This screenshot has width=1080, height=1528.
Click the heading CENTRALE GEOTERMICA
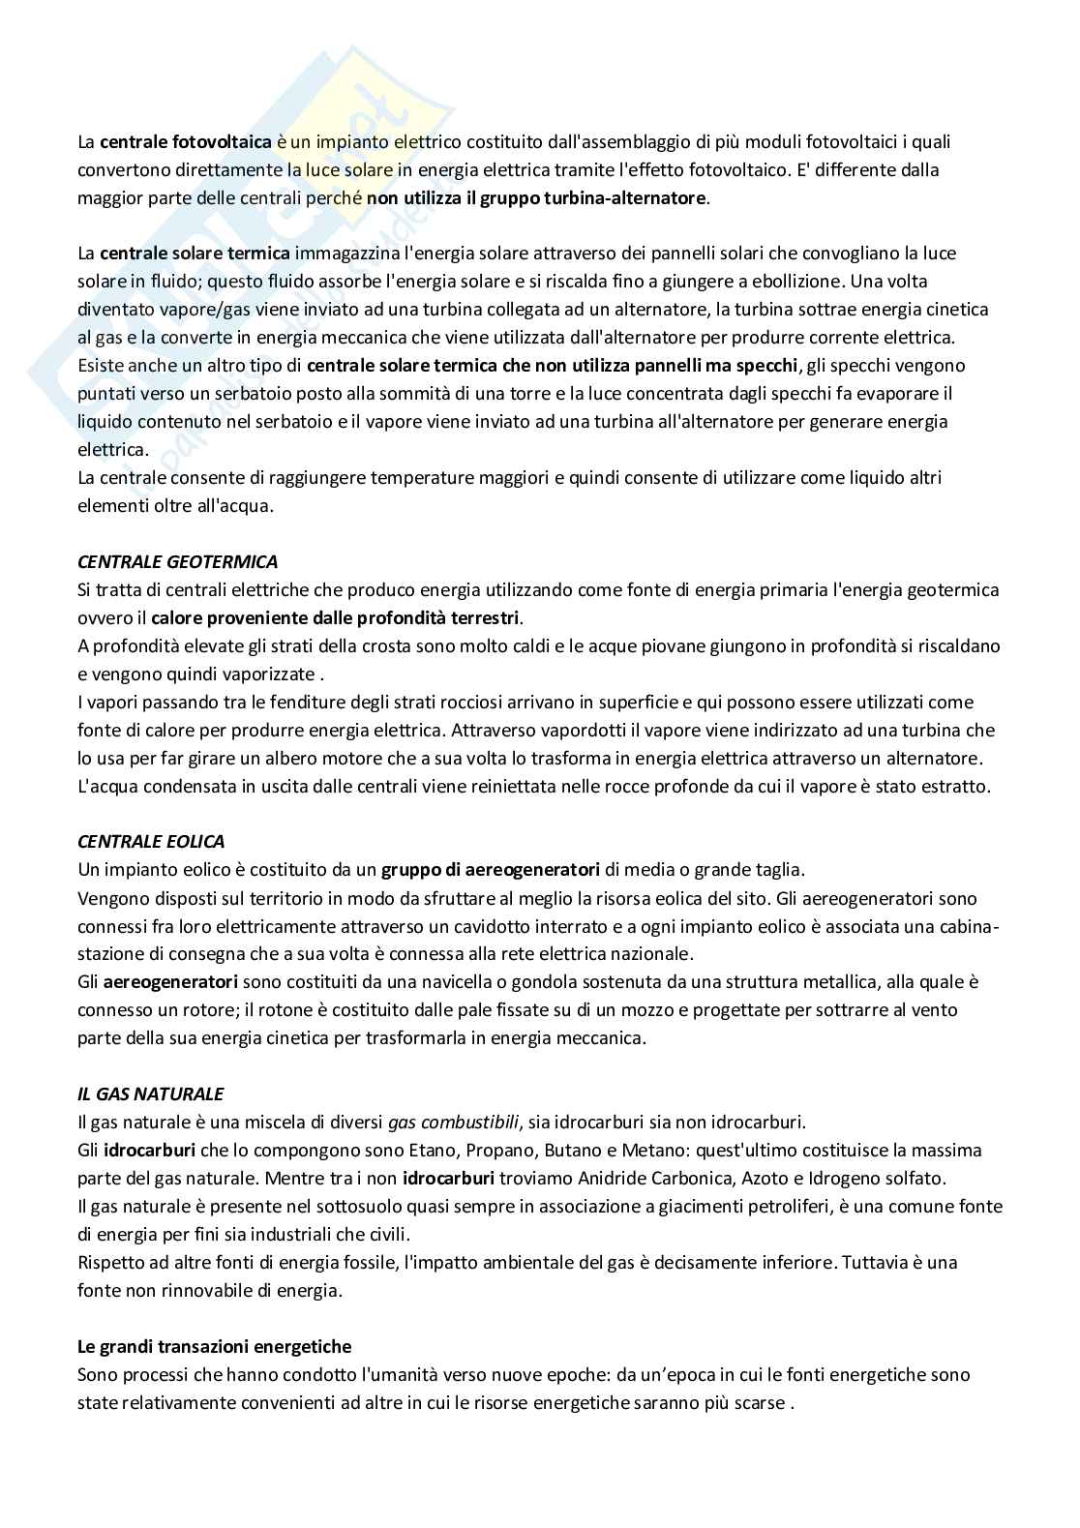tap(177, 561)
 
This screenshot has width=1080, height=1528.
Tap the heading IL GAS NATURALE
tap(150, 1094)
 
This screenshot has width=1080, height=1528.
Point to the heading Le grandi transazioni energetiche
tap(214, 1346)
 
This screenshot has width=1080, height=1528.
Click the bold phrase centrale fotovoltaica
tap(185, 142)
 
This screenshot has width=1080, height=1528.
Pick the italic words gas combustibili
tap(453, 1123)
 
